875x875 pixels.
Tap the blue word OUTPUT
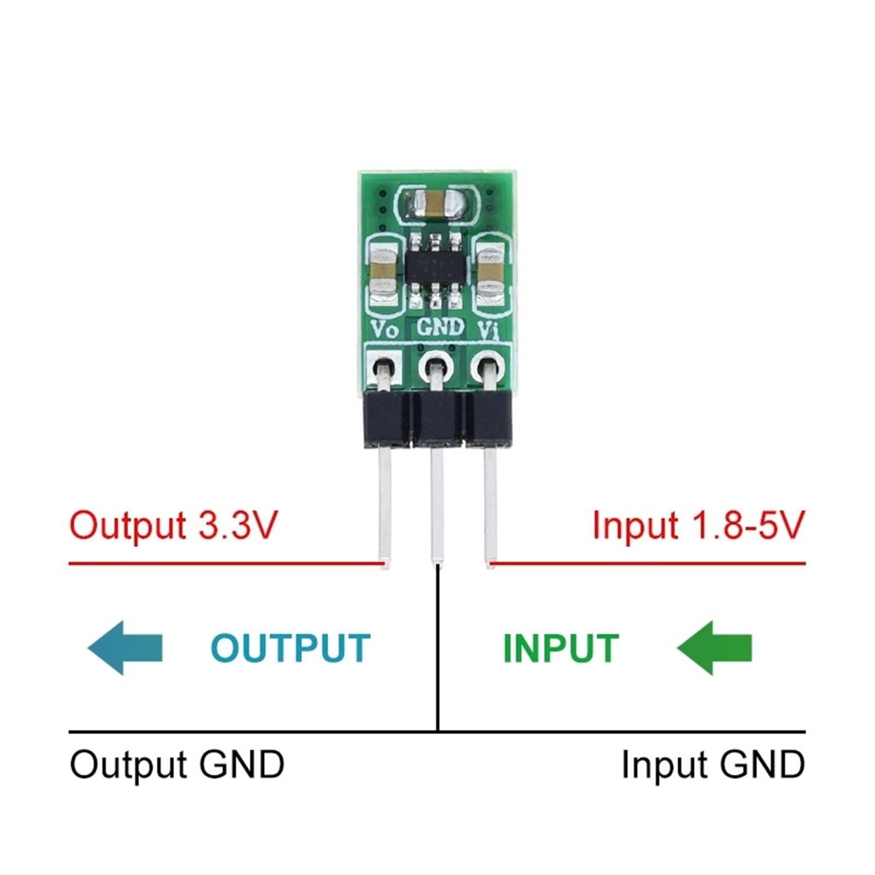tap(290, 649)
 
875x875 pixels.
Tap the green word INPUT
tap(561, 649)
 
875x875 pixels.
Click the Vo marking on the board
tap(384, 330)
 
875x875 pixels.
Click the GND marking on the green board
tap(440, 328)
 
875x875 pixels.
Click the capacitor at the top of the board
tap(436, 203)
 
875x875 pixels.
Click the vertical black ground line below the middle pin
tap(438, 651)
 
